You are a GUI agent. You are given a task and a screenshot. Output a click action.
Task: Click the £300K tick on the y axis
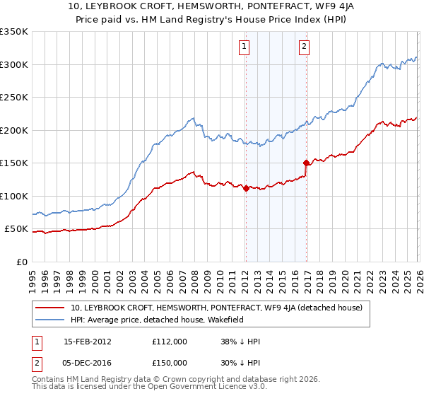[x=14, y=64]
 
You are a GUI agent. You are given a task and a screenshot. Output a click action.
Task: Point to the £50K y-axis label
[x=17, y=229]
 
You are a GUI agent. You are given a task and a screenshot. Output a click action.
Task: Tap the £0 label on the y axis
[x=23, y=262]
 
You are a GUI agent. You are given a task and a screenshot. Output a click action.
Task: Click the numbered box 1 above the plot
[x=244, y=47]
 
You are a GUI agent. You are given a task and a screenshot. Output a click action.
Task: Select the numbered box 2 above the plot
[x=304, y=47]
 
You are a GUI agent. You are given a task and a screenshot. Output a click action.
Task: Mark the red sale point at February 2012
[x=245, y=188]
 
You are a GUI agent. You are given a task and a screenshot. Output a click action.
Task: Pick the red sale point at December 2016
[x=306, y=163]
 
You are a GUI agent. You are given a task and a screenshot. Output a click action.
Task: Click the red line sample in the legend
[x=50, y=308]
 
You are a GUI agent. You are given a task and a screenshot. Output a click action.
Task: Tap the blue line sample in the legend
[x=50, y=319]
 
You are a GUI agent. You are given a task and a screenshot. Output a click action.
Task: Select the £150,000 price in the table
[x=169, y=363]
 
